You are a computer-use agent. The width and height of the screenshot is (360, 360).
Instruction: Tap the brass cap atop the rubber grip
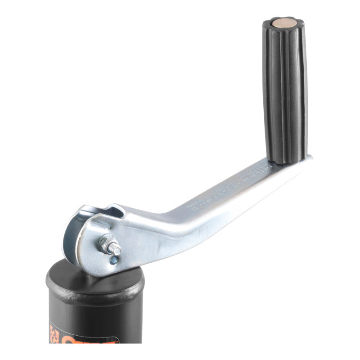coord(282,22)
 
